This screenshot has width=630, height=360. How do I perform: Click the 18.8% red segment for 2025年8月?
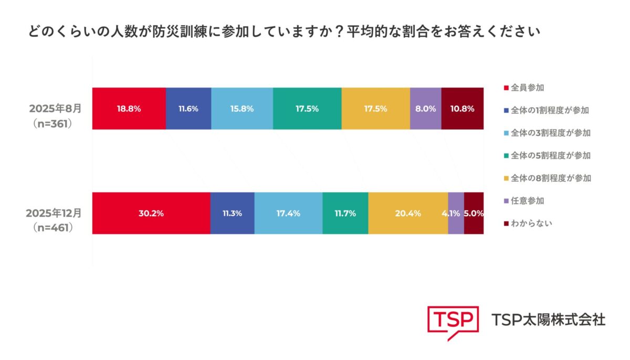click(x=129, y=109)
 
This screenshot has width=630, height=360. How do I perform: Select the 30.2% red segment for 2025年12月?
click(x=151, y=213)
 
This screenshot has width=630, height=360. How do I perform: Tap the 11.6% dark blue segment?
click(x=188, y=109)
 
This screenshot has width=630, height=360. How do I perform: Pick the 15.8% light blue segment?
click(x=242, y=109)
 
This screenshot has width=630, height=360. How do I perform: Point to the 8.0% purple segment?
click(x=426, y=109)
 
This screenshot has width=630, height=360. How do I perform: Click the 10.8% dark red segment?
click(x=463, y=109)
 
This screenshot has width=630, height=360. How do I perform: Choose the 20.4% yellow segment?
click(x=408, y=213)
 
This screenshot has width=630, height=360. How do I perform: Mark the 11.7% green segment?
click(x=345, y=213)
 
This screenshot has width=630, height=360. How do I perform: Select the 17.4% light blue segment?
click(x=288, y=213)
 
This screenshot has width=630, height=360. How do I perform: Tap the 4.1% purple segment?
click(x=456, y=213)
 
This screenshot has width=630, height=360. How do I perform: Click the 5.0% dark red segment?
click(x=474, y=213)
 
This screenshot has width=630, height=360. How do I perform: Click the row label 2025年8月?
click(x=55, y=110)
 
